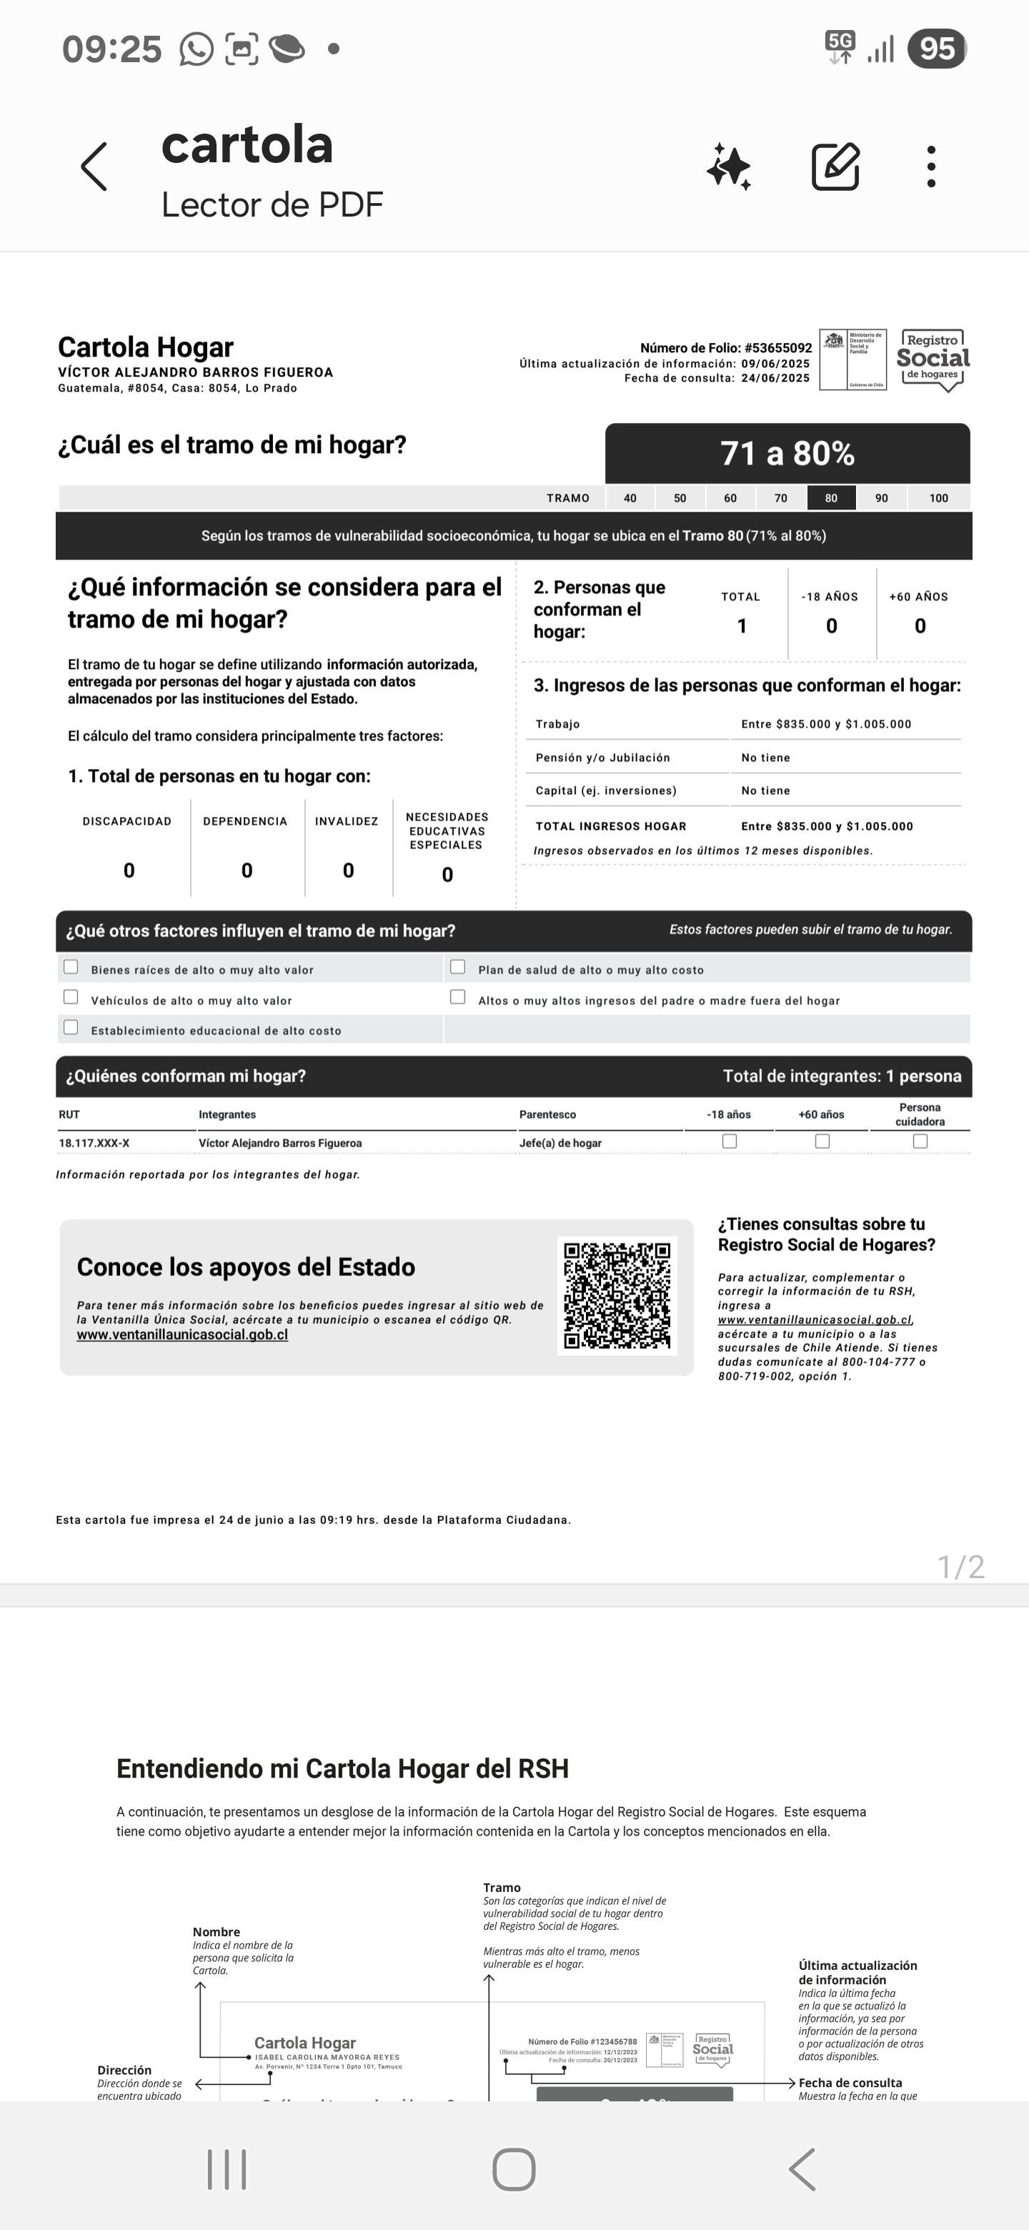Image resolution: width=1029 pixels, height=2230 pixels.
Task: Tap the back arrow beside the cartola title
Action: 94,167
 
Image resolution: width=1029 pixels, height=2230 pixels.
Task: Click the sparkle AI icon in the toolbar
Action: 729,167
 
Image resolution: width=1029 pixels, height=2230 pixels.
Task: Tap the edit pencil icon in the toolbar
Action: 835,167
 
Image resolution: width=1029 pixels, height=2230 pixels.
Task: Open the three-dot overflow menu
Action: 931,167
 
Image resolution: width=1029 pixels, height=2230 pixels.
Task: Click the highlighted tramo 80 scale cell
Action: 831,497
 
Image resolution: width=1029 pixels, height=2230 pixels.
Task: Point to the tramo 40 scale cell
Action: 630,497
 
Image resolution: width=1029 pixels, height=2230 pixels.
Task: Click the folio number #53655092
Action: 777,348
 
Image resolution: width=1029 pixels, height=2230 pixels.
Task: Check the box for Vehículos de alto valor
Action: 71,997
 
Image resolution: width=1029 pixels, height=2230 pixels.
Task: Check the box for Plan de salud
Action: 458,967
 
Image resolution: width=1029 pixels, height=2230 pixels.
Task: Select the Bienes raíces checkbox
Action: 71,967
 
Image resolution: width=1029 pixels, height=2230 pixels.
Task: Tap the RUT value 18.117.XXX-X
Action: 94,1143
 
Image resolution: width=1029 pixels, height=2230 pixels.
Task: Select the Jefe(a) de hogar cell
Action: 560,1143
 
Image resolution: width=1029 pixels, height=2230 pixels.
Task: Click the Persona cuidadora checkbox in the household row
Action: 920,1141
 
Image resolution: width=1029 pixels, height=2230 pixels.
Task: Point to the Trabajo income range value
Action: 825,724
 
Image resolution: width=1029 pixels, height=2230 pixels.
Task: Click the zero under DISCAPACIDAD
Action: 129,870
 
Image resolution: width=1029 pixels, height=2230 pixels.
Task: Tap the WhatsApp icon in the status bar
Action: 197,49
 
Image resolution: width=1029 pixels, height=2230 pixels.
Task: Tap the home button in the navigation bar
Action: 514,2169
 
